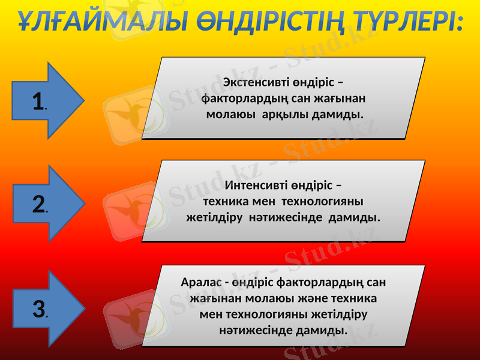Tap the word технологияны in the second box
[x=322, y=201]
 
